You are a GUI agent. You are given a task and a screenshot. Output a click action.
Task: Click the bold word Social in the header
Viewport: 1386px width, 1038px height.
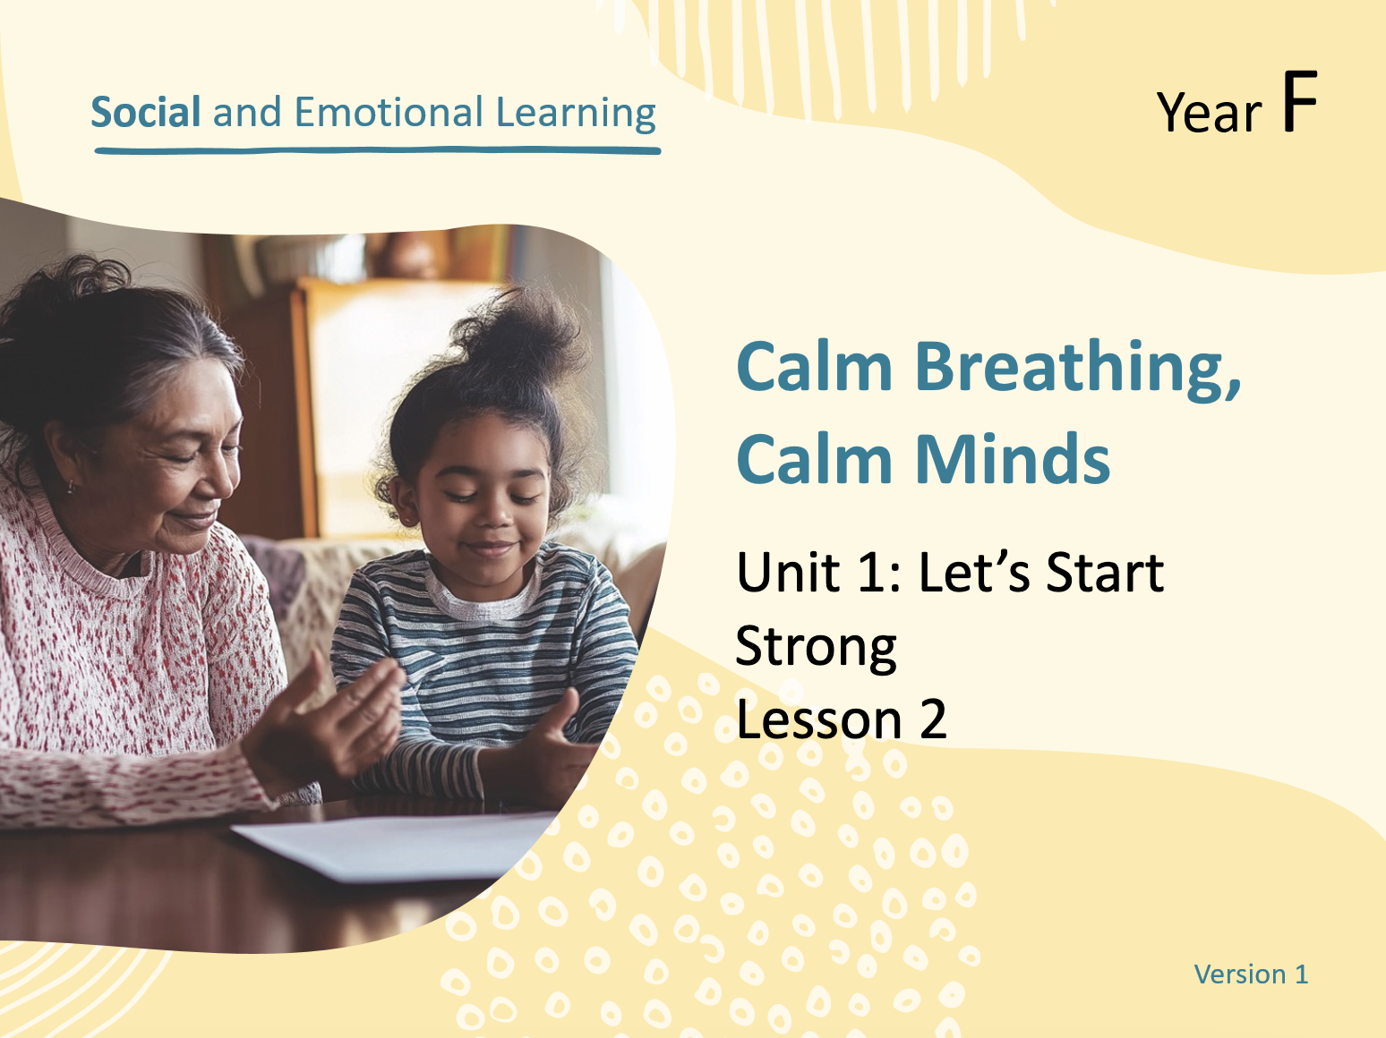pos(146,113)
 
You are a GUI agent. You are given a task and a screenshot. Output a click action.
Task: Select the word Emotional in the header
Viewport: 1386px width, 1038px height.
pos(389,113)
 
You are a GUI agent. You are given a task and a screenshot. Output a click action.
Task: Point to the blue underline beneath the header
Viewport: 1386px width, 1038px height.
pos(378,151)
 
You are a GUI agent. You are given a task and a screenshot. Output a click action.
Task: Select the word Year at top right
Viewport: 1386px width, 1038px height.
pos(1209,112)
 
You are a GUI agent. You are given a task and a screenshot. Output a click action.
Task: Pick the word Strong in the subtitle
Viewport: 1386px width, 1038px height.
pos(817,648)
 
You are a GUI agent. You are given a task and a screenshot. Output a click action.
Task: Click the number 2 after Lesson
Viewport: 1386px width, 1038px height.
pos(933,719)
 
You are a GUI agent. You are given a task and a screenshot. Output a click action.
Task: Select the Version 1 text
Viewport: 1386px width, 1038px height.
pos(1251,974)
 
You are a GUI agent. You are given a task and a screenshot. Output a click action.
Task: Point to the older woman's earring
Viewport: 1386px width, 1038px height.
pos(70,486)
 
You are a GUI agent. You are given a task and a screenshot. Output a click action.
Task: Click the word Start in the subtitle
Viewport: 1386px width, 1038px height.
pos(1105,573)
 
